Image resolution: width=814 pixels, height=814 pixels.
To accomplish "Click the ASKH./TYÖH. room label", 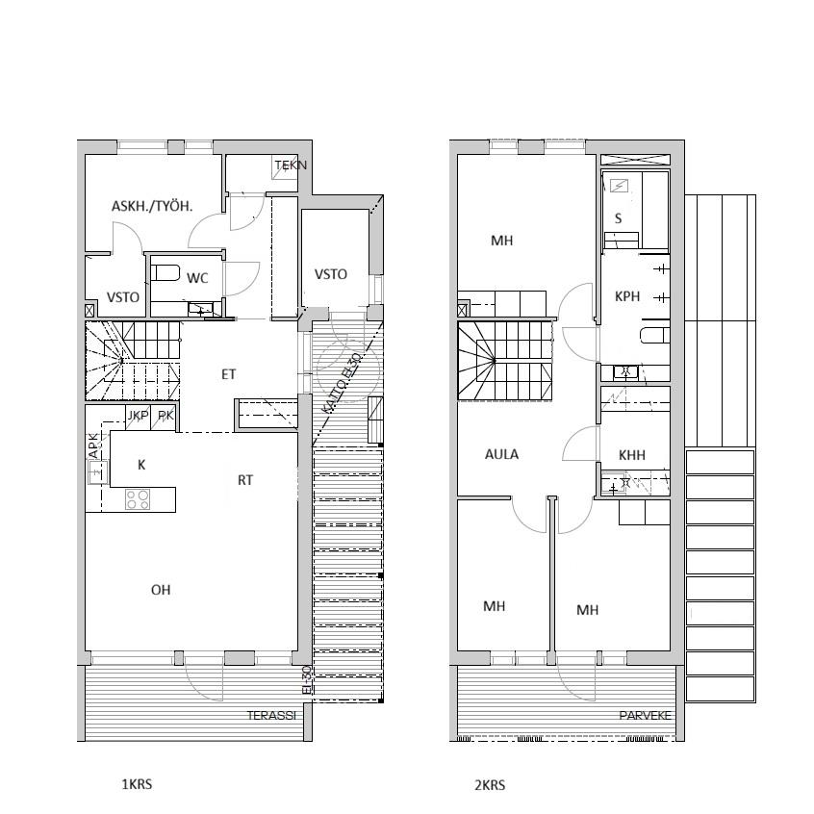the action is (x=152, y=207).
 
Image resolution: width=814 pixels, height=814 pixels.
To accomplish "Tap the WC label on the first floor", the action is (x=197, y=278).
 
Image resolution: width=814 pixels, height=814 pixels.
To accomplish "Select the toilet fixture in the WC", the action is (x=165, y=273).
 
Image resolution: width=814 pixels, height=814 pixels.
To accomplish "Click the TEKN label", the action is (x=291, y=165).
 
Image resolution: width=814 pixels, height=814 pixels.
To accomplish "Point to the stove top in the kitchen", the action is (x=138, y=499).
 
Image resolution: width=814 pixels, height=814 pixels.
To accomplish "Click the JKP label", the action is (x=139, y=416).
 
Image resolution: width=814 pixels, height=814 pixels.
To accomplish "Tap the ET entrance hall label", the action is (x=228, y=374).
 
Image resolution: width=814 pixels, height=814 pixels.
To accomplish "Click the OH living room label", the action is (x=161, y=590).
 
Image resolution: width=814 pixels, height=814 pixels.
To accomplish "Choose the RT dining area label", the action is (x=245, y=480).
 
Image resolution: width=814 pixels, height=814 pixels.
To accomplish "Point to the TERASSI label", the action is (x=271, y=715).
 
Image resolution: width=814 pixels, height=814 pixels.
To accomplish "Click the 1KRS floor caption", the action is (x=137, y=784).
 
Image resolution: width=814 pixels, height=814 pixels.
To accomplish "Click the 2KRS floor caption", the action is (x=490, y=785).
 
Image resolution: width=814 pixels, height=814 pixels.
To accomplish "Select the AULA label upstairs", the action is (x=501, y=454).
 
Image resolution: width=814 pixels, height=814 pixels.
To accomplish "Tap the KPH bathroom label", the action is (x=627, y=296).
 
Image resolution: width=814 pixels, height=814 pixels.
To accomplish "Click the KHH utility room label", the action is (x=632, y=455).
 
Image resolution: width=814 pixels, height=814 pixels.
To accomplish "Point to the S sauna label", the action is (x=618, y=218).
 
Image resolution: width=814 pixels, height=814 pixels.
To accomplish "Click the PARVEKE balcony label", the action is (x=645, y=715).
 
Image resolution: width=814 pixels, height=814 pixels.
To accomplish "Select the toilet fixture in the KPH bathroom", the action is (x=655, y=336).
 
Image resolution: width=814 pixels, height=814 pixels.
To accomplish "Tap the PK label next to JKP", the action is (x=165, y=416).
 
